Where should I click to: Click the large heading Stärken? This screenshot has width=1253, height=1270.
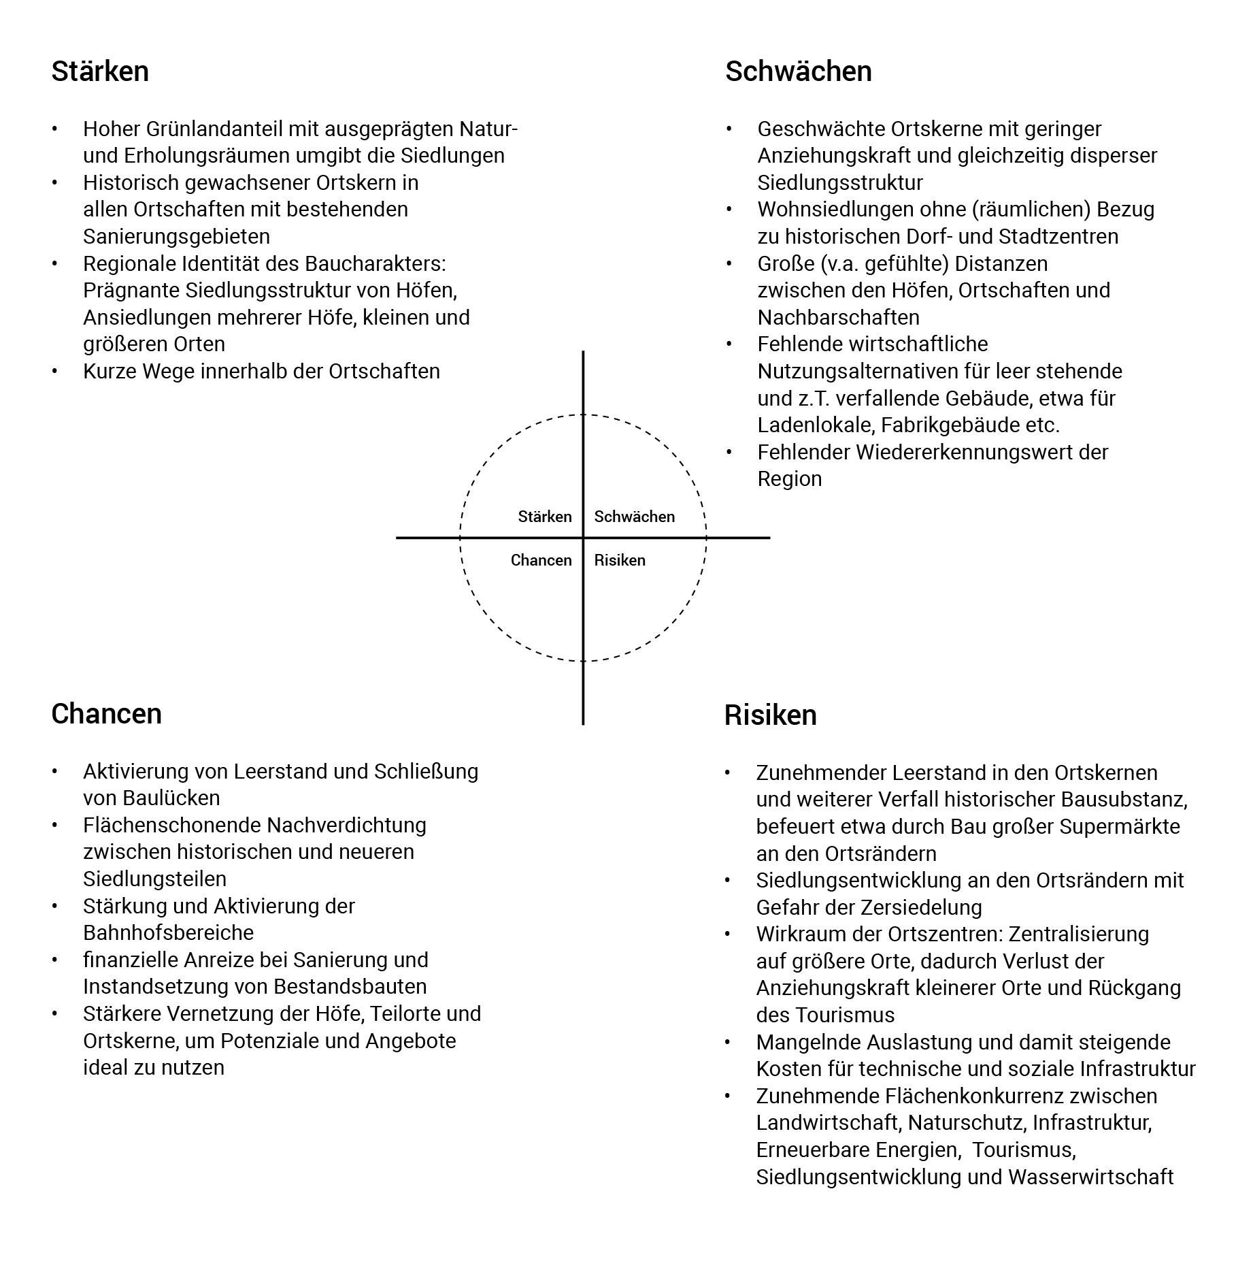100,71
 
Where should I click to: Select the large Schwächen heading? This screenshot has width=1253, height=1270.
798,71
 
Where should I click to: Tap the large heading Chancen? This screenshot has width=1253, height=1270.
106,714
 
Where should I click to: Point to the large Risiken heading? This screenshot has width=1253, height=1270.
770,715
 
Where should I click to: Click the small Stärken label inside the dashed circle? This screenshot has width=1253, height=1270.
544,517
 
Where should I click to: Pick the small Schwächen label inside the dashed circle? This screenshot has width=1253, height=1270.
634,517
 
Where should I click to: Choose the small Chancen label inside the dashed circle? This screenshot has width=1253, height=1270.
541,560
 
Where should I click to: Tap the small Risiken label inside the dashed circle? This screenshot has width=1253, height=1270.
619,560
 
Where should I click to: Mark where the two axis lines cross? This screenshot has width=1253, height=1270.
583,538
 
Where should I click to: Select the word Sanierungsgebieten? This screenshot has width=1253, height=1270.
176,236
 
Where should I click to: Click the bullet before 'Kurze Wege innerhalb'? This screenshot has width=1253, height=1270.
55,371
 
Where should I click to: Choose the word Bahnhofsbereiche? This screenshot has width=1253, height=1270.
168,932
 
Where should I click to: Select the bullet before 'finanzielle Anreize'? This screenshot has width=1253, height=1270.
55,960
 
